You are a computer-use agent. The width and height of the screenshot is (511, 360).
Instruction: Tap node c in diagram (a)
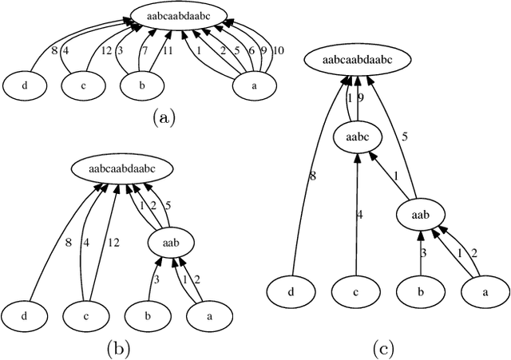pos(83,84)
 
